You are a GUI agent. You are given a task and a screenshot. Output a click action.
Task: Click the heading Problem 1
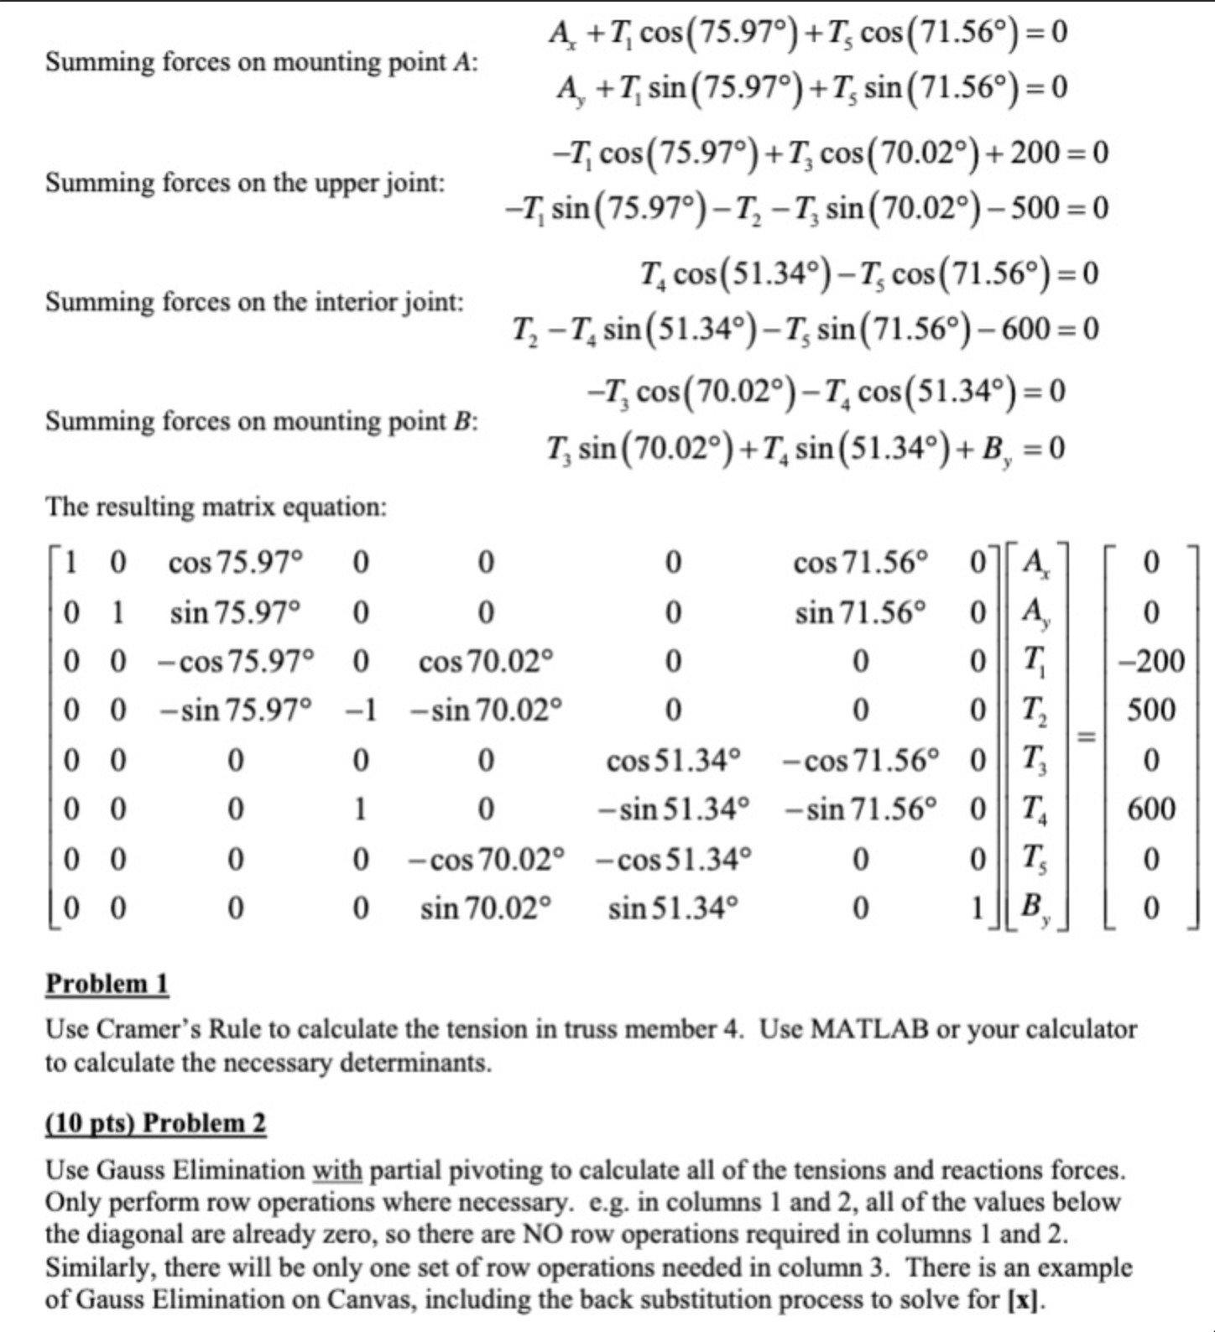pyautogui.click(x=107, y=983)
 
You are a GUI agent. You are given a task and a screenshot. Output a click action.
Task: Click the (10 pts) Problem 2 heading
pyautogui.click(x=155, y=1122)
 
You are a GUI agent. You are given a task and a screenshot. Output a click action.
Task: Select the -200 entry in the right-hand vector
pyautogui.click(x=1151, y=662)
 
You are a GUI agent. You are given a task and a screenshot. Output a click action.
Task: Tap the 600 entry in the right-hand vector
pyautogui.click(x=1151, y=809)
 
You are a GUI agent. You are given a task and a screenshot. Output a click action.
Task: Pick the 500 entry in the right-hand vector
pyautogui.click(x=1151, y=710)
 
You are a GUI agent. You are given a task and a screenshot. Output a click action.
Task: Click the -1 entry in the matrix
pyautogui.click(x=361, y=711)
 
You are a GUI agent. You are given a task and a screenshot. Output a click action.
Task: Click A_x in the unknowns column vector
pyautogui.click(x=1034, y=561)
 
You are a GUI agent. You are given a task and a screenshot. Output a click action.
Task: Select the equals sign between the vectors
pyautogui.click(x=1087, y=736)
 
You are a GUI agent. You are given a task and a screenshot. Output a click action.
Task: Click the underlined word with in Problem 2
pyautogui.click(x=337, y=1170)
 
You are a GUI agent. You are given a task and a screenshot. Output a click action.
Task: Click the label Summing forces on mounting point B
pyautogui.click(x=261, y=420)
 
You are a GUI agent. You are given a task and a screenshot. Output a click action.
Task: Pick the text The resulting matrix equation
pyautogui.click(x=216, y=507)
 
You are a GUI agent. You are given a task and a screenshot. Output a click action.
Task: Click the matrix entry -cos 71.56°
pyautogui.click(x=861, y=761)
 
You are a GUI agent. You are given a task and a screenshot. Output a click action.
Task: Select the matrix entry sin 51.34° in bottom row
pyautogui.click(x=673, y=908)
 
